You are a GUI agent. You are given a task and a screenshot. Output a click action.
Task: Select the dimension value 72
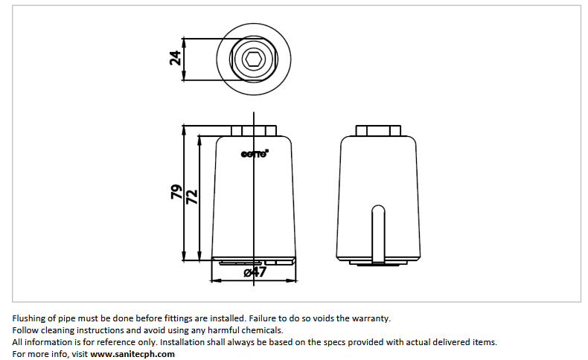191,197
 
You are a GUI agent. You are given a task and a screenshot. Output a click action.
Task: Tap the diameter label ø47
255,272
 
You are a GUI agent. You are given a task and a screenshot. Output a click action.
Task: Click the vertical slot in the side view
379,233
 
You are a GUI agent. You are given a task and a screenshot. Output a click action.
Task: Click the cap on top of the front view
255,131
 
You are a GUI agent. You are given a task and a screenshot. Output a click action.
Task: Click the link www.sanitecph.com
132,354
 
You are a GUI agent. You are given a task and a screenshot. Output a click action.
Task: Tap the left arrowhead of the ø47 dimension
214,281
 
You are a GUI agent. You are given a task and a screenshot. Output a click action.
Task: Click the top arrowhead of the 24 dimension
184,40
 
